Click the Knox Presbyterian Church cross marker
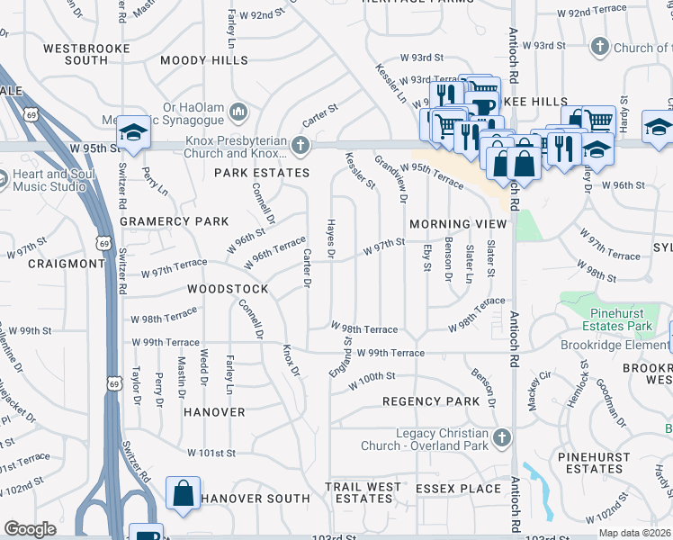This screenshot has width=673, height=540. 305,145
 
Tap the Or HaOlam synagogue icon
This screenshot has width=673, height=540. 238,112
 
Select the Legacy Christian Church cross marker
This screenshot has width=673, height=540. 502,438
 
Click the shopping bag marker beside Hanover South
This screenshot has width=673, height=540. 184,494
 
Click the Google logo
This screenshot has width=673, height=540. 31,529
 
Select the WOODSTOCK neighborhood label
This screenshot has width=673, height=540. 228,289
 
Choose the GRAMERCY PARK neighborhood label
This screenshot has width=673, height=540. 174,221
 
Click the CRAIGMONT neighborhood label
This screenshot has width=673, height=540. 66,263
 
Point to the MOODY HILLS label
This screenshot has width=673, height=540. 203,60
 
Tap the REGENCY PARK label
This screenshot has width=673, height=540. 430,400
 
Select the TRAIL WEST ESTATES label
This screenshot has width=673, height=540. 363,492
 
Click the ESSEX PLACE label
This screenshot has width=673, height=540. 458,489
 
